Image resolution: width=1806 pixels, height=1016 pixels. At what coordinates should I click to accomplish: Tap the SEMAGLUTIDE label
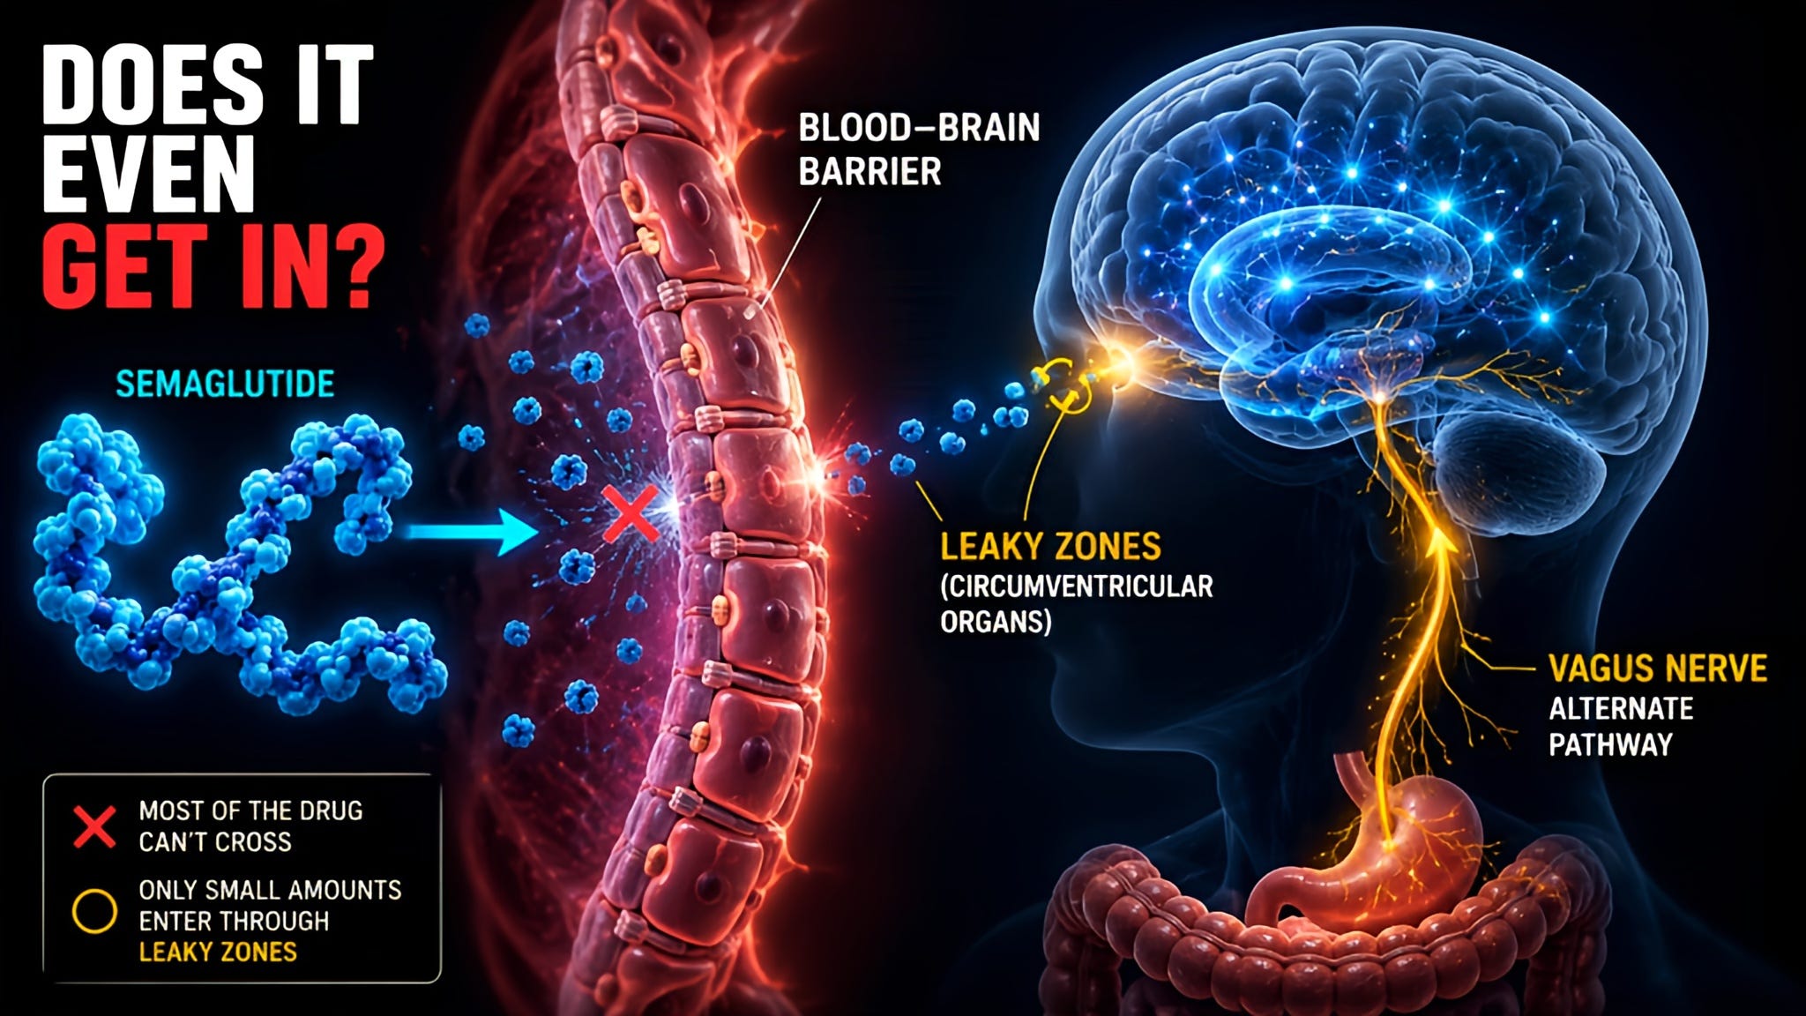(225, 385)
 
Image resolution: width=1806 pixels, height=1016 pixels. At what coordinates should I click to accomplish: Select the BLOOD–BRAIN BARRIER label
(919, 149)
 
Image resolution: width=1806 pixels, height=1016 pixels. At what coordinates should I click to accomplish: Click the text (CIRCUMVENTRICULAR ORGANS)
(1077, 604)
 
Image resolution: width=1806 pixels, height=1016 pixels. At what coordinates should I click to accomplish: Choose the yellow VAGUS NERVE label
(1658, 669)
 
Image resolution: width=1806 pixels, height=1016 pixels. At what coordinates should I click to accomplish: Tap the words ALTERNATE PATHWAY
(1621, 727)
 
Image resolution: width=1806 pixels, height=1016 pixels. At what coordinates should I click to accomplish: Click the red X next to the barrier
(631, 515)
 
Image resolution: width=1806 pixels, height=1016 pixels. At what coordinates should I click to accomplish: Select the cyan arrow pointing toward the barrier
(473, 532)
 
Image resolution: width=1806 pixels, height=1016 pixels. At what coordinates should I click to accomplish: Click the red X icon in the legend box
(94, 825)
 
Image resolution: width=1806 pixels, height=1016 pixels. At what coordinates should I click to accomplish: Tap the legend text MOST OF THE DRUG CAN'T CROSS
(250, 825)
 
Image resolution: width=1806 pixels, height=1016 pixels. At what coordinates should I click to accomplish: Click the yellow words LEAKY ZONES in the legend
(218, 952)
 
